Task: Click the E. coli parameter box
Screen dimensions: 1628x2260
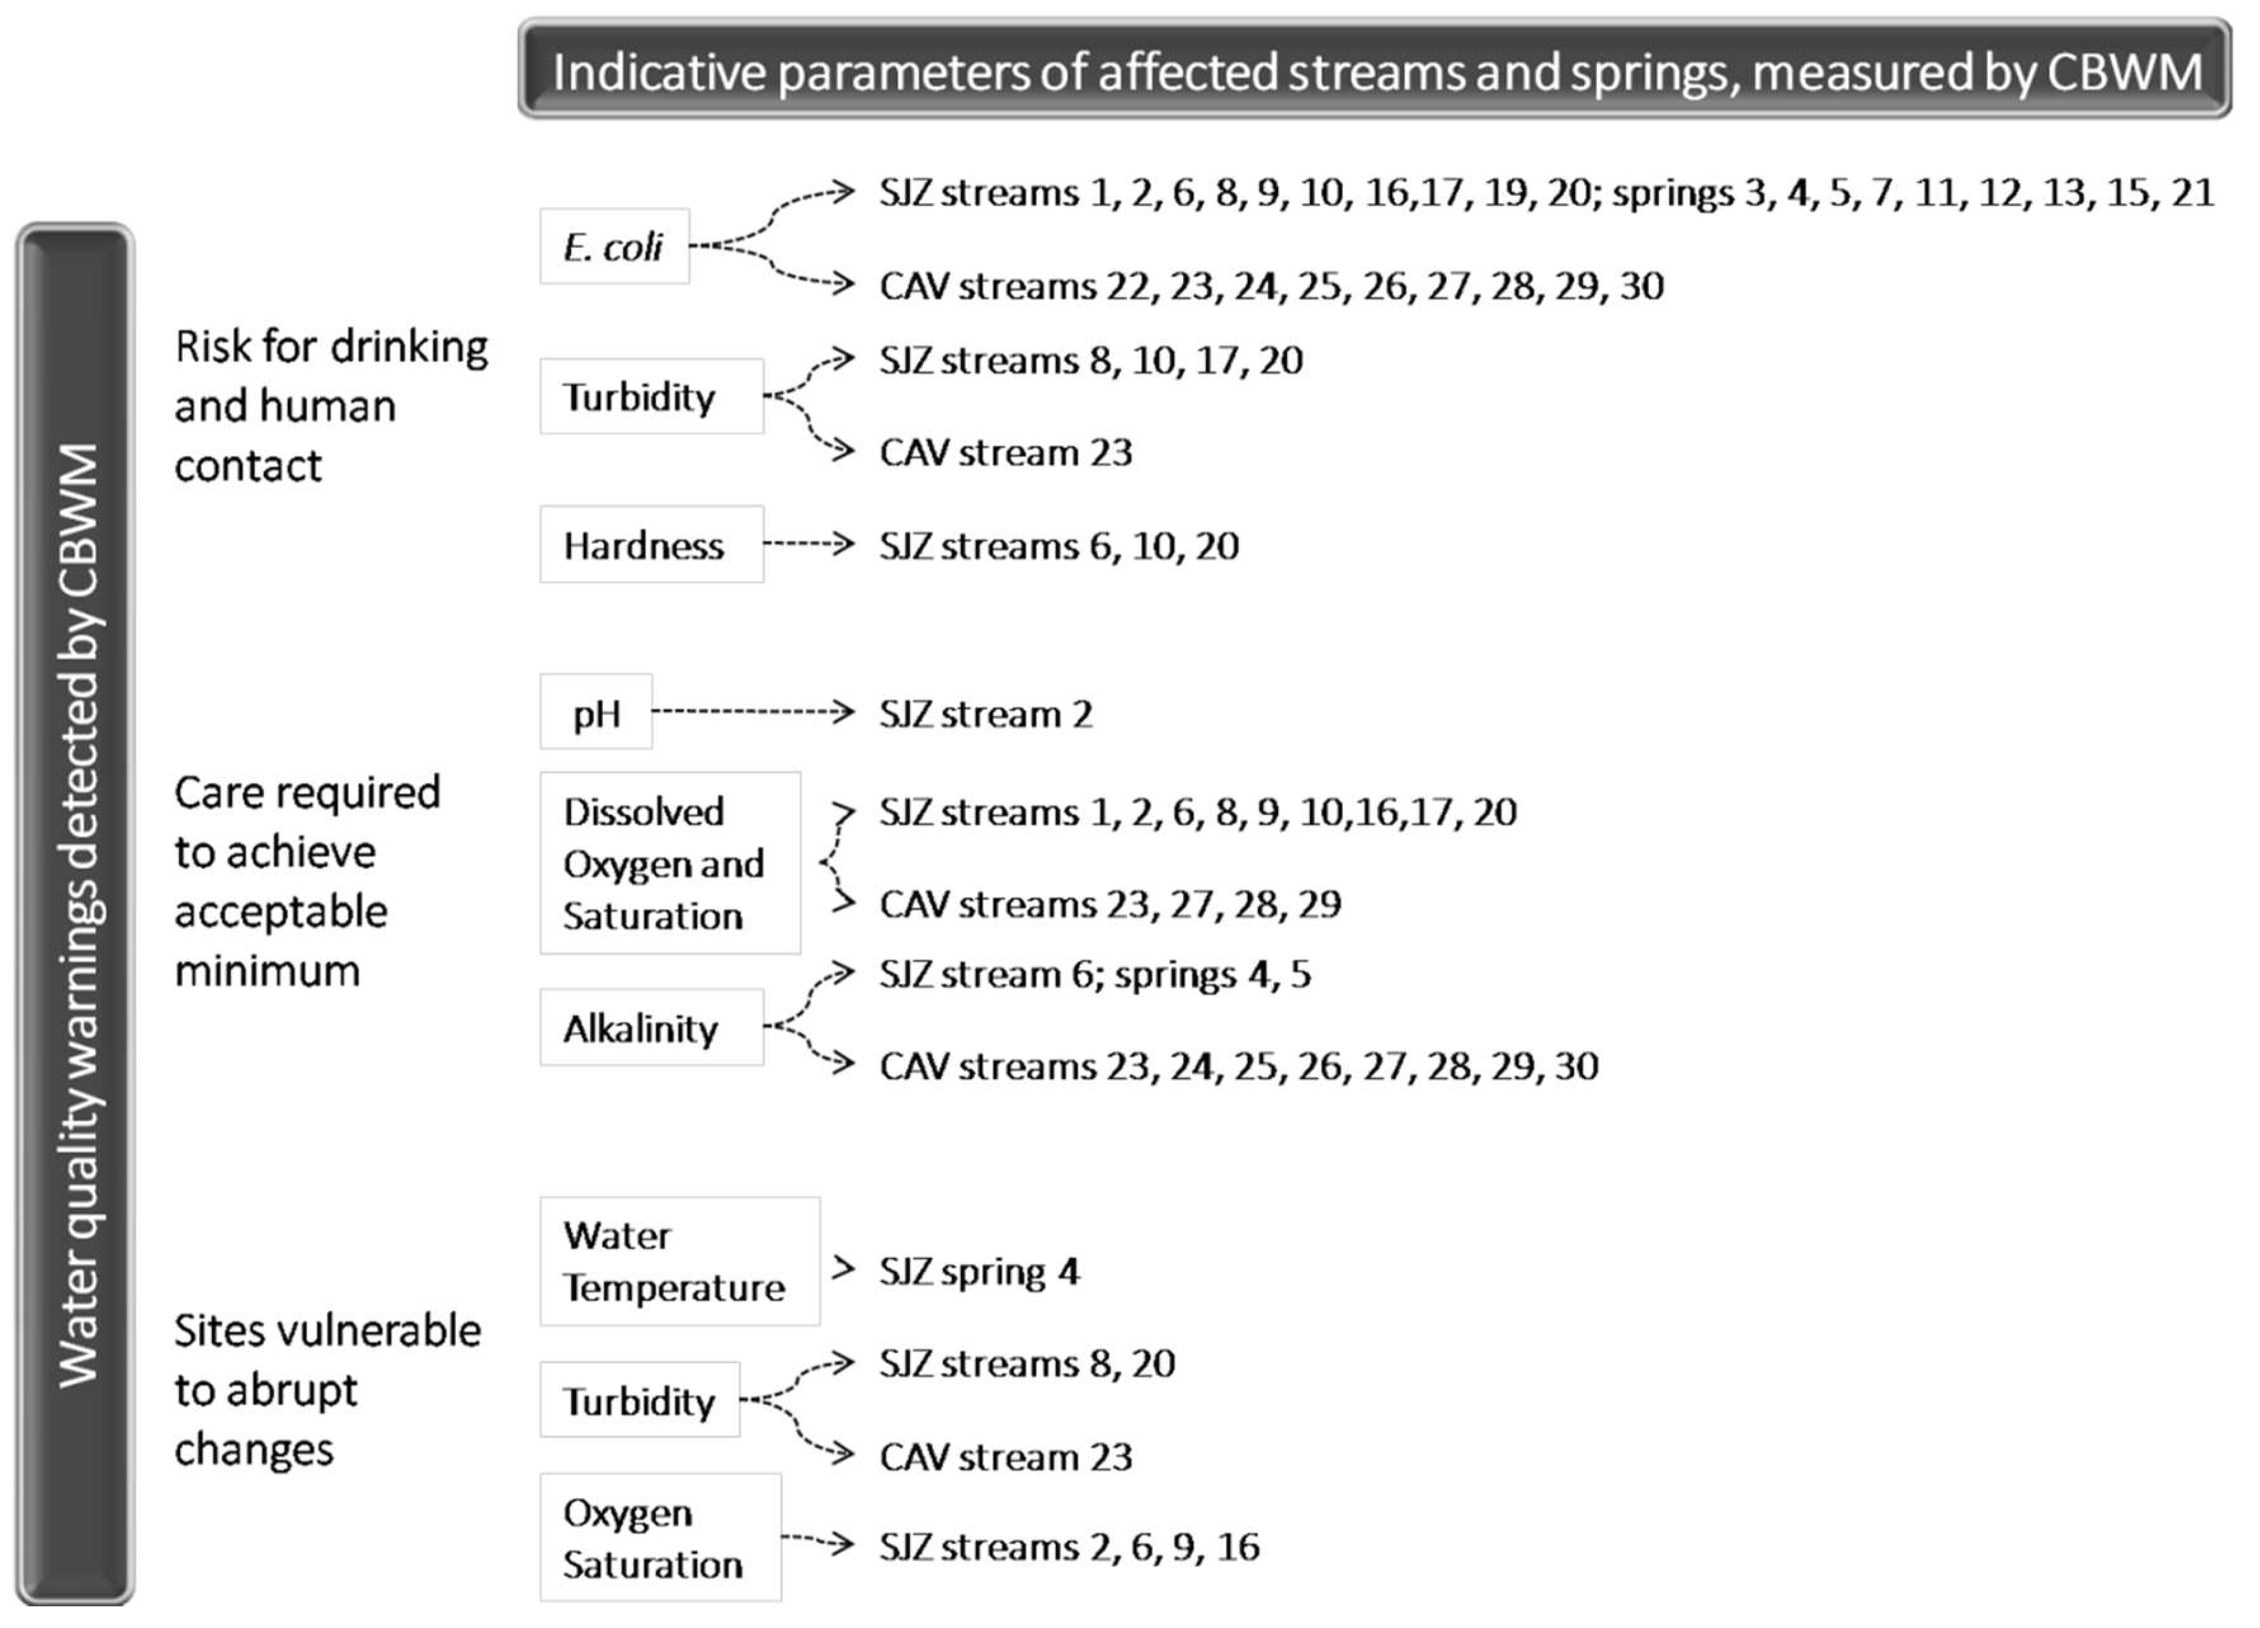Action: [x=614, y=246]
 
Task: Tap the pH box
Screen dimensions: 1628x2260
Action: [x=596, y=712]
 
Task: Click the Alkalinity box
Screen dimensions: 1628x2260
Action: [x=652, y=1027]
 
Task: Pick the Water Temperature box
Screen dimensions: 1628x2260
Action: [x=680, y=1261]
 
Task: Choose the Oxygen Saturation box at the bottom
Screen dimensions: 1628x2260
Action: [x=659, y=1537]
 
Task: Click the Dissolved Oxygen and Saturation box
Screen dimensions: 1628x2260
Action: [x=670, y=863]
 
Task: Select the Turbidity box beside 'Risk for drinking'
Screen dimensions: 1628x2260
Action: [x=652, y=397]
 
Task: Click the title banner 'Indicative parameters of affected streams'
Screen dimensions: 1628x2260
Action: [x=1375, y=70]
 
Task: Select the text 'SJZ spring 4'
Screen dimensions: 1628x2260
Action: [x=979, y=1271]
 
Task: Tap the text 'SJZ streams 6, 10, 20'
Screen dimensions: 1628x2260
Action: [x=1058, y=546]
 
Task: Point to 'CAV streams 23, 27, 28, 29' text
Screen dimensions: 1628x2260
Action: [x=1110, y=903]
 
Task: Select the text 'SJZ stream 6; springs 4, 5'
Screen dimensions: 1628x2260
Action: [x=1094, y=973]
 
